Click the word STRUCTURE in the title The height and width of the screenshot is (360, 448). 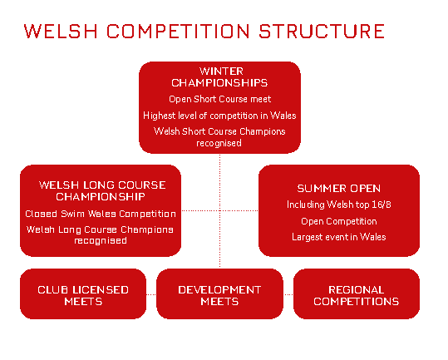pyautogui.click(x=322, y=31)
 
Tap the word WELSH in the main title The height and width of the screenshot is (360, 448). pyautogui.click(x=61, y=31)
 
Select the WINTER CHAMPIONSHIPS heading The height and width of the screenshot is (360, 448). pyautogui.click(x=219, y=77)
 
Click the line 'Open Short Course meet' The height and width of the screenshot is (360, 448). pyautogui.click(x=219, y=99)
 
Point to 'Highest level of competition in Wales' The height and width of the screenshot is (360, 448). pyautogui.click(x=219, y=116)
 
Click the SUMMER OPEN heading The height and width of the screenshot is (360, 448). pyautogui.click(x=339, y=189)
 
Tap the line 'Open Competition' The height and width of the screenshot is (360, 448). pyautogui.click(x=339, y=221)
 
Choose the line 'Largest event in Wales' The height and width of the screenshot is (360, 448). pyautogui.click(x=339, y=237)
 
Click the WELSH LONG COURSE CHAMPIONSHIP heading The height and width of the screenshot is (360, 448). pyautogui.click(x=101, y=191)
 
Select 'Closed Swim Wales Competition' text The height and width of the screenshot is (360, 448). pyautogui.click(x=101, y=214)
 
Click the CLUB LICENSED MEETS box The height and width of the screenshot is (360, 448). pyautogui.click(x=83, y=294)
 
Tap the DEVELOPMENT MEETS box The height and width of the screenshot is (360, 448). pyautogui.click(x=219, y=294)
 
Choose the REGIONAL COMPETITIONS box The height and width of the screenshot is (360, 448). pyautogui.click(x=357, y=294)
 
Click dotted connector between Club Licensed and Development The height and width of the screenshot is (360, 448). pyautogui.click(x=151, y=294)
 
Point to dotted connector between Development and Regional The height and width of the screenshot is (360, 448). pyautogui.click(x=288, y=294)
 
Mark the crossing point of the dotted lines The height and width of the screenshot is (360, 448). pyautogui.click(x=219, y=210)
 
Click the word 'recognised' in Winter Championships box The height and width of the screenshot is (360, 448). pyautogui.click(x=219, y=143)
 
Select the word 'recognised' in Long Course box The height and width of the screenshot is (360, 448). pyautogui.click(x=101, y=240)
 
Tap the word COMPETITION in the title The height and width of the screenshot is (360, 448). pyautogui.click(x=178, y=31)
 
